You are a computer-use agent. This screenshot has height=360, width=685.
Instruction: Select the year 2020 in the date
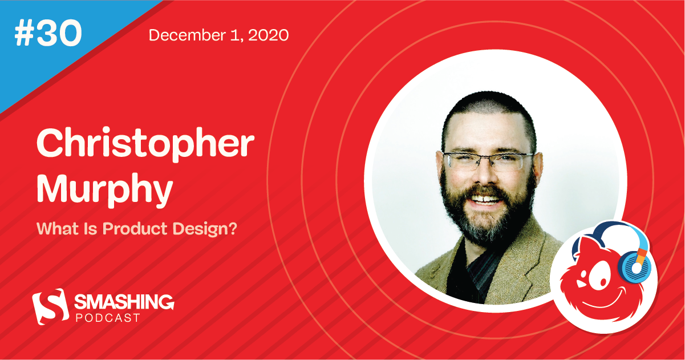[x=269, y=35]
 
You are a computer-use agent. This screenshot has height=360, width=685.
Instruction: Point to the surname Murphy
[x=104, y=191]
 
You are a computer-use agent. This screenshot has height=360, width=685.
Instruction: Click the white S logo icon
[x=48, y=306]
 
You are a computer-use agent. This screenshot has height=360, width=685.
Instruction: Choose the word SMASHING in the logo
[x=125, y=300]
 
